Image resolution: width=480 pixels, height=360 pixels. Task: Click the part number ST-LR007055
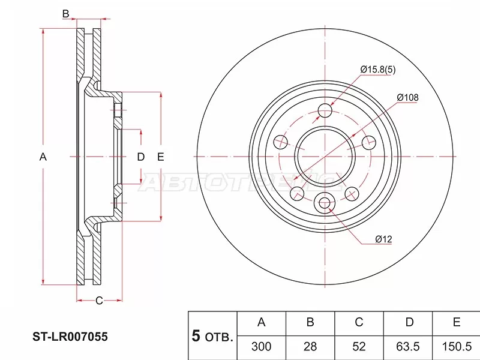tap(70, 338)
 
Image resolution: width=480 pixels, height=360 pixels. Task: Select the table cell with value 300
tap(262, 346)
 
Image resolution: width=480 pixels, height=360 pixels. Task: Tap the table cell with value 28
tap(310, 346)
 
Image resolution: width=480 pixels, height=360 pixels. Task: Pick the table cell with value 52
tap(359, 346)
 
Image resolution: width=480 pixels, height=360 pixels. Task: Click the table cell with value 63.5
tap(409, 346)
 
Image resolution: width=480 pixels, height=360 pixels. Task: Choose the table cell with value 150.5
tap(456, 346)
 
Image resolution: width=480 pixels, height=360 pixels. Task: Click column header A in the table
tap(262, 323)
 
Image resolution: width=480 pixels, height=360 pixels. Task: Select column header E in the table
tap(456, 323)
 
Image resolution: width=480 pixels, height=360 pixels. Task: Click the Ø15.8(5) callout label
tap(378, 70)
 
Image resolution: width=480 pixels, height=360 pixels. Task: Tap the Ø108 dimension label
tap(407, 97)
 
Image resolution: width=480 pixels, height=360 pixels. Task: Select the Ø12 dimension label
tap(383, 239)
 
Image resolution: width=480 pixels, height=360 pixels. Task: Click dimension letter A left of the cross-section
tap(43, 157)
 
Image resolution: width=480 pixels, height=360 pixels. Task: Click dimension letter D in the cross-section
tap(140, 157)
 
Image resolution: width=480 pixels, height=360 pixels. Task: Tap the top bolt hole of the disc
tap(325, 111)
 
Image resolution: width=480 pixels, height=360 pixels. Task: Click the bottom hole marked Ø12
tap(325, 203)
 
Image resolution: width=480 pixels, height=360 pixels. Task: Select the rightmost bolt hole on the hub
tap(369, 142)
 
